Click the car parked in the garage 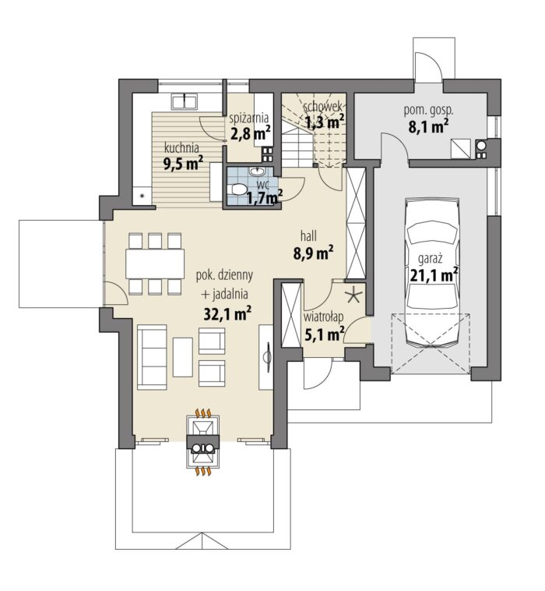[433, 271]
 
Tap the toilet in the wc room [238, 189]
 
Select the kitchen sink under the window [185, 102]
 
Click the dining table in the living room [155, 263]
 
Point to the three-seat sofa [152, 357]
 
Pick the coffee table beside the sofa [183, 356]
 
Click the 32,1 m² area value [227, 313]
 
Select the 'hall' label [308, 236]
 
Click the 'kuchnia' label [181, 147]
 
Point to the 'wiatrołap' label [323, 317]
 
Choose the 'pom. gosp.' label [428, 111]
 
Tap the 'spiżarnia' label [249, 118]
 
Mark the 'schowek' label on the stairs [322, 107]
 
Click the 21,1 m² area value [434, 274]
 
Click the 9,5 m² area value [183, 163]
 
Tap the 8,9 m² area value [313, 253]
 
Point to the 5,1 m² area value [324, 334]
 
